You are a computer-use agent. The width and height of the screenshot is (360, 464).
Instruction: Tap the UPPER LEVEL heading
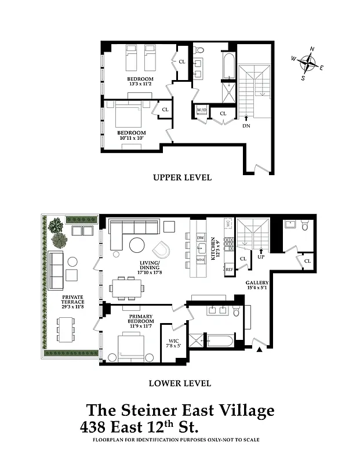click(x=182, y=177)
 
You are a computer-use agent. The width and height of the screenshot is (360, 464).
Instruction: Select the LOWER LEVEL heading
click(x=180, y=383)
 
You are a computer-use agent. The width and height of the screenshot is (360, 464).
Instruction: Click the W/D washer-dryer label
click(x=201, y=110)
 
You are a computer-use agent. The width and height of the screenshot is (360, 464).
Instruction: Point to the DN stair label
click(x=246, y=125)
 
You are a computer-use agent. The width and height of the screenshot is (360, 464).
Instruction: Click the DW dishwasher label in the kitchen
click(x=201, y=238)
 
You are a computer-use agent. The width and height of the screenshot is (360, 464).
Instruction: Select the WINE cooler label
click(x=201, y=260)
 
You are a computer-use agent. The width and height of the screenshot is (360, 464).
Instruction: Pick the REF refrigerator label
click(x=229, y=270)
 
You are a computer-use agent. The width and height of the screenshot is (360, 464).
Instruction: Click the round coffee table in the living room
click(x=138, y=245)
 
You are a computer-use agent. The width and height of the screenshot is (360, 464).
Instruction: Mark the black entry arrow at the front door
click(x=260, y=349)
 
